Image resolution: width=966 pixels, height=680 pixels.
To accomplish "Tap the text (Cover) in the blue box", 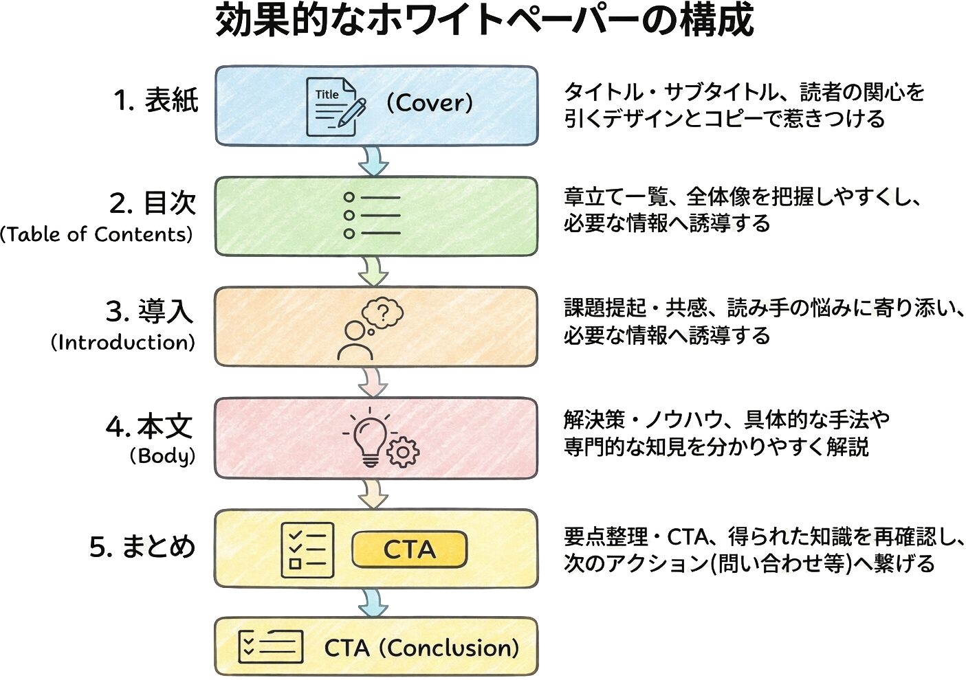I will pyautogui.click(x=429, y=103).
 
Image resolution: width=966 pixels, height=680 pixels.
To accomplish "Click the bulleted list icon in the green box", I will pyautogui.click(x=371, y=215).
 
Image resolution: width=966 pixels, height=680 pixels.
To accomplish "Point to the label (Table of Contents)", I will pyautogui.click(x=96, y=235).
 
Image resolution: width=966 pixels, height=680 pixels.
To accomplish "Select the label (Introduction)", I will pyautogui.click(x=122, y=342).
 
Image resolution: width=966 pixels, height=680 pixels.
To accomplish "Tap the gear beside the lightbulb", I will pyautogui.click(x=402, y=453).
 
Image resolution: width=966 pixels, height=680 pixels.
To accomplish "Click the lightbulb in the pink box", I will pyautogui.click(x=370, y=438).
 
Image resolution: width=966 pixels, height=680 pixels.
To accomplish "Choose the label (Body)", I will pyautogui.click(x=162, y=455).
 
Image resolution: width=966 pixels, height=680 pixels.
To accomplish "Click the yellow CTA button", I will pyautogui.click(x=409, y=549).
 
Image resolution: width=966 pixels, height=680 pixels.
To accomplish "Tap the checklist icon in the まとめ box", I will pyautogui.click(x=307, y=549).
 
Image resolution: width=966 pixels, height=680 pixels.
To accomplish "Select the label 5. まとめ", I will pyautogui.click(x=142, y=547).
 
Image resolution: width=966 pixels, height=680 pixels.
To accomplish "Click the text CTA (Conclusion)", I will pyautogui.click(x=421, y=648).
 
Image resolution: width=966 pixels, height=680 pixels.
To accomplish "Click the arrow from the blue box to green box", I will pyautogui.click(x=373, y=161).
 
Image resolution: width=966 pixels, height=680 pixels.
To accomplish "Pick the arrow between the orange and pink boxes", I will pyautogui.click(x=373, y=382).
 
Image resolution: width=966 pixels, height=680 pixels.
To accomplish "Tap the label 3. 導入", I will pyautogui.click(x=149, y=312).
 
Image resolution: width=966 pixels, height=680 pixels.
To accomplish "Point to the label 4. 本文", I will pyautogui.click(x=149, y=427).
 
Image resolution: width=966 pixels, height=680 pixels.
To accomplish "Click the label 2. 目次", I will pyautogui.click(x=153, y=203).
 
